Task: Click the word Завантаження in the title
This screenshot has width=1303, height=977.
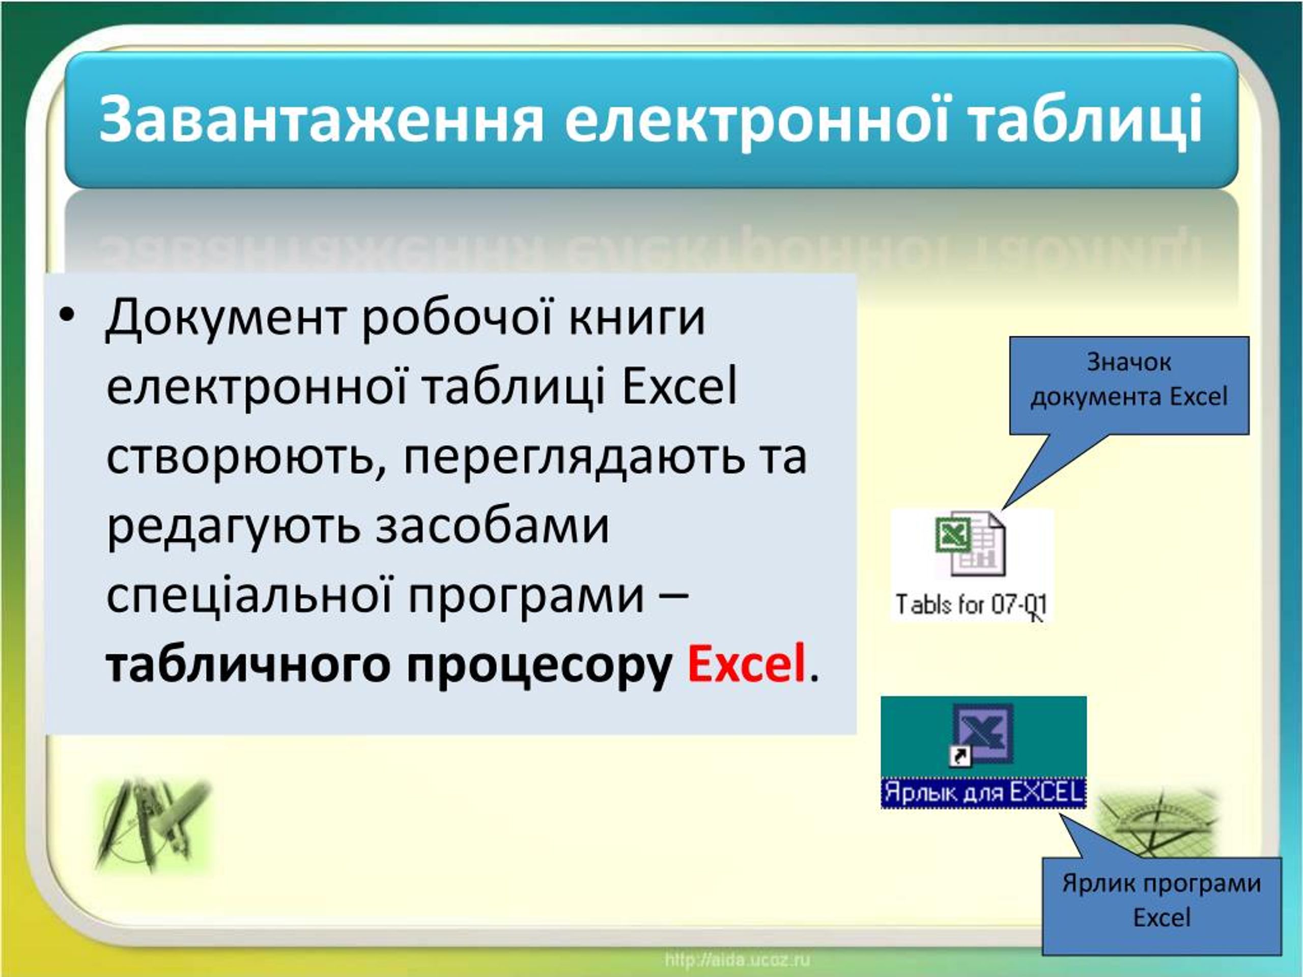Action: tap(321, 121)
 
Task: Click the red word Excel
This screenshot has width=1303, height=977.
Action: tap(746, 664)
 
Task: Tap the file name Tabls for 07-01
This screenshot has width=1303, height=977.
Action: tap(971, 605)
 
